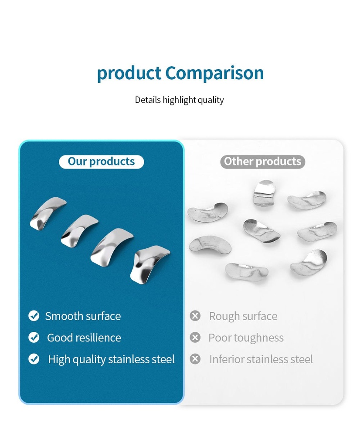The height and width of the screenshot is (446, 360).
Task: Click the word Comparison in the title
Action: pyautogui.click(x=214, y=74)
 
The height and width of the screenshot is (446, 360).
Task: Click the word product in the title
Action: pyautogui.click(x=129, y=74)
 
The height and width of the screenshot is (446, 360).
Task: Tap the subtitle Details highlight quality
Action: pyautogui.click(x=179, y=100)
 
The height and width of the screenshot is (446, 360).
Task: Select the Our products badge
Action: pyautogui.click(x=101, y=162)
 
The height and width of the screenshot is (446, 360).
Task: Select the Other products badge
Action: pyautogui.click(x=262, y=162)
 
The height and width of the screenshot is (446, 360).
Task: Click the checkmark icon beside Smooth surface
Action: pyautogui.click(x=34, y=316)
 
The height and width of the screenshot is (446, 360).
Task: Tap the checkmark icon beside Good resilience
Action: pyautogui.click(x=34, y=338)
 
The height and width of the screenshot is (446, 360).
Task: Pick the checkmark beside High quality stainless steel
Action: pyautogui.click(x=34, y=359)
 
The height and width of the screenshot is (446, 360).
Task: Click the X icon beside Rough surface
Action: pyautogui.click(x=195, y=316)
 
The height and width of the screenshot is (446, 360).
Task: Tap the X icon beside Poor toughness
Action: pyautogui.click(x=195, y=338)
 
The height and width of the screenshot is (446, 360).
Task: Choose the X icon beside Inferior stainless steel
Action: pyautogui.click(x=195, y=359)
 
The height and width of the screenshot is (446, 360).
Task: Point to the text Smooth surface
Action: pyautogui.click(x=83, y=316)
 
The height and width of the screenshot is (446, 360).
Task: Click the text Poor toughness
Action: pyautogui.click(x=246, y=338)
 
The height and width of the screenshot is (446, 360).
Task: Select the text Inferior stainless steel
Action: pyautogui.click(x=261, y=359)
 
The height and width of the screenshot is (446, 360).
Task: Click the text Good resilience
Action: pyautogui.click(x=84, y=338)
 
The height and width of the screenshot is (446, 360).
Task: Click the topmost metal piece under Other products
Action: pyautogui.click(x=264, y=193)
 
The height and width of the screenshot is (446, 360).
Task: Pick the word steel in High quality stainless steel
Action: pyautogui.click(x=163, y=359)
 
